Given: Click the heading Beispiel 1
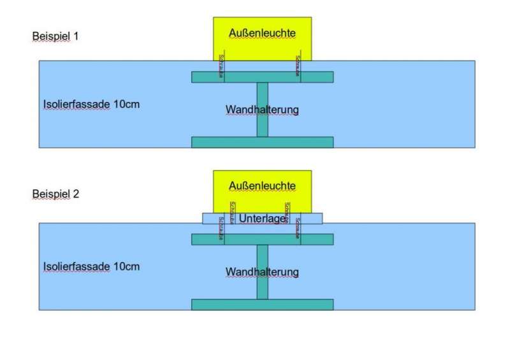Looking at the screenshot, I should click(x=55, y=36).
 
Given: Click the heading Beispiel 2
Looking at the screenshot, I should click(x=55, y=194).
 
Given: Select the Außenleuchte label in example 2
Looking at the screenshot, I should click(x=262, y=186).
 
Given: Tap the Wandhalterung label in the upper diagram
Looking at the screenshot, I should click(x=262, y=110).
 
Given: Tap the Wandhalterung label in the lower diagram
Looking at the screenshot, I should click(x=262, y=272).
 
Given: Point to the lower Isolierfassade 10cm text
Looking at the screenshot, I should click(x=91, y=266).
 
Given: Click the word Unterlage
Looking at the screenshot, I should click(x=262, y=219).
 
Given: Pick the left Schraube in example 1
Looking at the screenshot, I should click(x=221, y=66).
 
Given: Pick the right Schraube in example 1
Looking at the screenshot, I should click(x=298, y=66).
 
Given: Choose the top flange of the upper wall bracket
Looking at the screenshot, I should click(x=262, y=77).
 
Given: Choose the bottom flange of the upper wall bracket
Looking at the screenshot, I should click(x=262, y=142).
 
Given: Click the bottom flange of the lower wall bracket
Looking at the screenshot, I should click(x=262, y=305).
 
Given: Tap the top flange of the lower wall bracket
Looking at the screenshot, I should click(x=262, y=240).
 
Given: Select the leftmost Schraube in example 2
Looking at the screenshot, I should click(x=221, y=229).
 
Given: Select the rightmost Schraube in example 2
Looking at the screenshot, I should click(x=298, y=229).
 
